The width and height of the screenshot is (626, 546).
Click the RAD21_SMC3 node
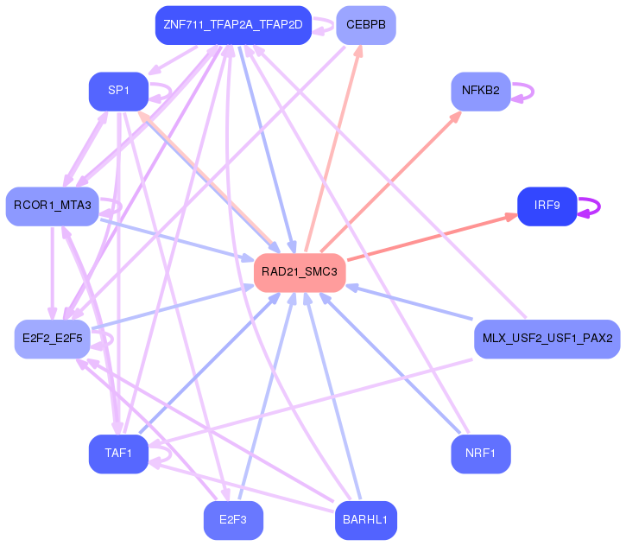[x=300, y=272]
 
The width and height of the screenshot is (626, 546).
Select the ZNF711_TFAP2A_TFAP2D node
[x=233, y=25]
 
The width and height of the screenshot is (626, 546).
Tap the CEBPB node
[x=365, y=25]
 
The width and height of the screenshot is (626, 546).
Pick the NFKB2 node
[x=481, y=91]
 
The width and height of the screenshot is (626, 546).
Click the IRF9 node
[x=547, y=206]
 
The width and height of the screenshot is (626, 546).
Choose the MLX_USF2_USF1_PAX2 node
[x=547, y=339]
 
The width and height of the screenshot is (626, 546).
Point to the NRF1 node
[x=481, y=454]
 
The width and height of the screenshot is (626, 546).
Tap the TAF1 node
[x=118, y=454]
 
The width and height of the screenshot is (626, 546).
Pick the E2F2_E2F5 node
[x=53, y=339]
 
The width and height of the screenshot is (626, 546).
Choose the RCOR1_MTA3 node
[x=53, y=206]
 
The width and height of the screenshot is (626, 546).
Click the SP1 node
[x=118, y=91]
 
